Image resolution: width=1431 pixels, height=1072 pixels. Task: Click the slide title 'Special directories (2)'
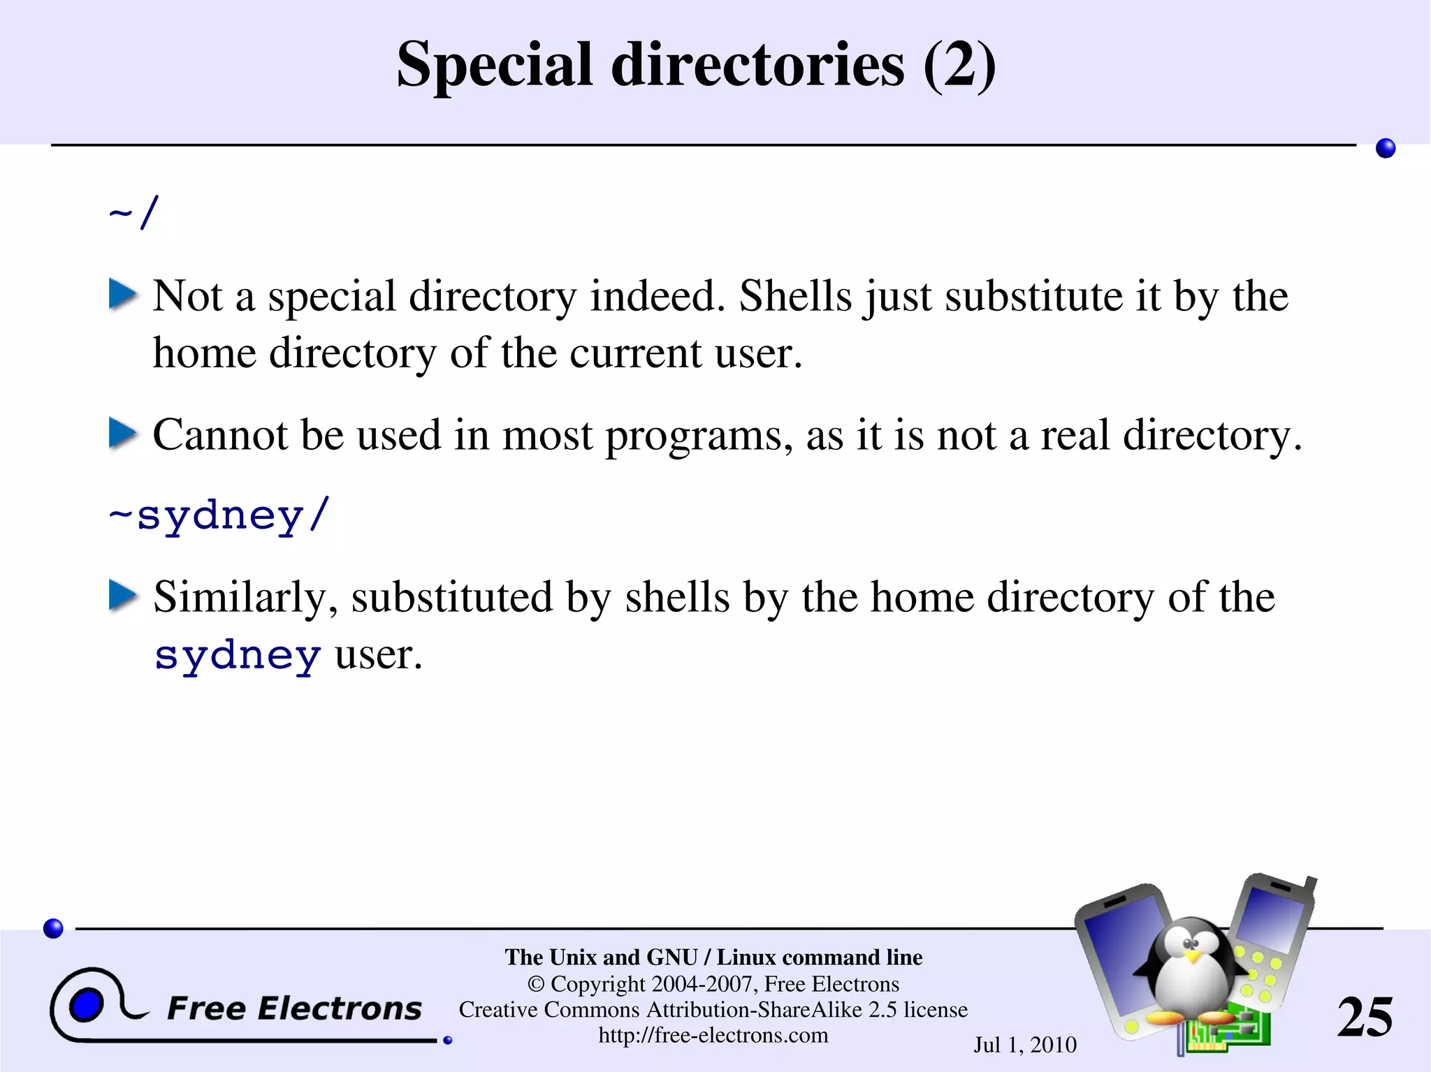pos(696,64)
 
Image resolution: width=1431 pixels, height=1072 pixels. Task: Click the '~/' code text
pos(134,212)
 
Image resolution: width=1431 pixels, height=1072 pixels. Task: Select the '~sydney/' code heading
pos(219,515)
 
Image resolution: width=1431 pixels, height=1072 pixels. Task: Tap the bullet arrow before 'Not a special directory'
pos(123,295)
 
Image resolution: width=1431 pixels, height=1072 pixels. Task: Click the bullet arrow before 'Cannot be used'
pos(123,434)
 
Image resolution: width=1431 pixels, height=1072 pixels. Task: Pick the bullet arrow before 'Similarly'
pos(123,596)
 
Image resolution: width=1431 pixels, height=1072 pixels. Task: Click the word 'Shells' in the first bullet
pos(795,296)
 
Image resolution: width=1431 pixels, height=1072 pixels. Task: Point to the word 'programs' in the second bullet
pos(699,436)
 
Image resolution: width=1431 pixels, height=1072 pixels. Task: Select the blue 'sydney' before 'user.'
pos(238,655)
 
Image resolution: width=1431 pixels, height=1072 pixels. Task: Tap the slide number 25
pos(1365,1017)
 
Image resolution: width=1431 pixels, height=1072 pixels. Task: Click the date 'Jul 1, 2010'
pos(1025,1045)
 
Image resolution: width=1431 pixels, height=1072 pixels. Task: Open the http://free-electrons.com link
pos(713,1035)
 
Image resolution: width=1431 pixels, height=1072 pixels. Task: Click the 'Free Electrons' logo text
pos(294,1008)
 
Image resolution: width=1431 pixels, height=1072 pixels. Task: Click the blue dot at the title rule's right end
pos(1385,148)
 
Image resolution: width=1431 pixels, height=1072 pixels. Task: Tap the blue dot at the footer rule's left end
pos(53,928)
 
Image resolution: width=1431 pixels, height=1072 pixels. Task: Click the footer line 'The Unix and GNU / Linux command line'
pos(713,957)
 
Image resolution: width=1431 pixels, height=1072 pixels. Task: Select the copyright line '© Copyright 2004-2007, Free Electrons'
pos(713,983)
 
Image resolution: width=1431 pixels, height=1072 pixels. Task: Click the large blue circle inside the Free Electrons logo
pos(87,1006)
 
